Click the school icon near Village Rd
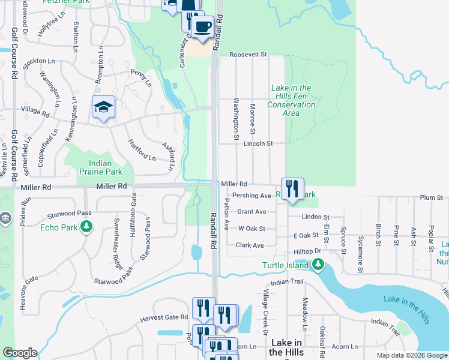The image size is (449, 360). click(x=103, y=107)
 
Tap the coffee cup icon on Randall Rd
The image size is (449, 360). click(x=202, y=27)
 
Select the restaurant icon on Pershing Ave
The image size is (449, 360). click(x=292, y=189)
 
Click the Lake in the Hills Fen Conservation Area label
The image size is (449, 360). click(x=291, y=100)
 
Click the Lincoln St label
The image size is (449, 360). click(x=258, y=144)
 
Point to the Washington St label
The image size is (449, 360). click(x=237, y=116)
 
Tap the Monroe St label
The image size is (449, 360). click(x=253, y=119)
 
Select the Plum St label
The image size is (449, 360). click(x=431, y=197)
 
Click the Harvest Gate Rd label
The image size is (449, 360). click(x=164, y=317)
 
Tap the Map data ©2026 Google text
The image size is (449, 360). click(x=411, y=355)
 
